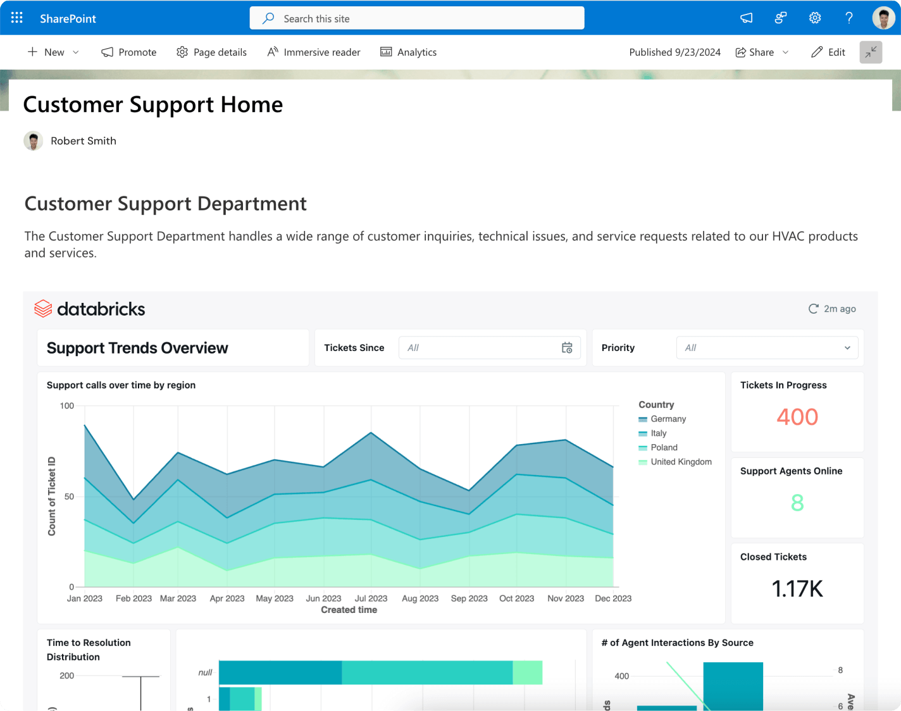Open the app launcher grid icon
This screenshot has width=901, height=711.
(17, 18)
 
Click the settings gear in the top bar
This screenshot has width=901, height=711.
(815, 18)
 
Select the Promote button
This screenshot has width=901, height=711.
(129, 52)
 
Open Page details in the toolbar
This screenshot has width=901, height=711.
(211, 52)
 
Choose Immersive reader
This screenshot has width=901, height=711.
(314, 52)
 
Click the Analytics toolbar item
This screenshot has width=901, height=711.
(408, 52)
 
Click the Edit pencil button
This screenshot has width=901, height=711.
(828, 52)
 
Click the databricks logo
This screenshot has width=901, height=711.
(90, 309)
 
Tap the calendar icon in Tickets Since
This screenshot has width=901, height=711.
(567, 348)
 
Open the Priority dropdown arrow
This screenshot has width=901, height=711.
(847, 348)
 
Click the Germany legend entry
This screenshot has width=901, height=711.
(668, 419)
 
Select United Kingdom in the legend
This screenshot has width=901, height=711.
(680, 462)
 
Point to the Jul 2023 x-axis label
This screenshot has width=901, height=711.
(371, 598)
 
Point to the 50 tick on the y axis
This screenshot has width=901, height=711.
(69, 497)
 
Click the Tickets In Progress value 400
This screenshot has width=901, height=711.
(797, 417)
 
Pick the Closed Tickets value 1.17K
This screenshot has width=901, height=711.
(797, 589)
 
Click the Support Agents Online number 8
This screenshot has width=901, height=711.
(797, 503)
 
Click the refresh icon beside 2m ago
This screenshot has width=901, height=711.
(814, 309)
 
